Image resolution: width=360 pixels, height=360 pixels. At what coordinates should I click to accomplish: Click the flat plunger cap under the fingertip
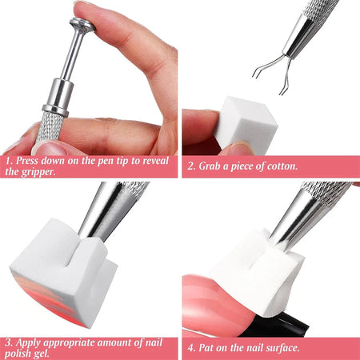click(82, 26)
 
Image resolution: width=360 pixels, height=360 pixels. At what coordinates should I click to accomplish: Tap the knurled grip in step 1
click(50, 126)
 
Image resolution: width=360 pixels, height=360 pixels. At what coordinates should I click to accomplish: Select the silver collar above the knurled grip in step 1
click(58, 98)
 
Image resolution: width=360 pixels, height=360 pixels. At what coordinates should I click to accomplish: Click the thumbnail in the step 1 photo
click(50, 149)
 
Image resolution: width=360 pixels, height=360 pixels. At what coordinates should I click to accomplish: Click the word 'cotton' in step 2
click(282, 166)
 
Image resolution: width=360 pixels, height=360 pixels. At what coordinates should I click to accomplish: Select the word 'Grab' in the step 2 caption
click(210, 166)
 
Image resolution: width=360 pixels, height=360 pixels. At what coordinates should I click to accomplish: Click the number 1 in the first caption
click(9, 161)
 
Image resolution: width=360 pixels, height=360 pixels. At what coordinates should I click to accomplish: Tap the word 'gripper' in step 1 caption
click(38, 172)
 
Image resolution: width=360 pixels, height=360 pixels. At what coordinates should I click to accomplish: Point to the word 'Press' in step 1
click(27, 161)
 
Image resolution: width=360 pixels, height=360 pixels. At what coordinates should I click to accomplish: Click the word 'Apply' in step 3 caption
click(30, 343)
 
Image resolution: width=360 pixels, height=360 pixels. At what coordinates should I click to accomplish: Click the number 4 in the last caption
click(191, 348)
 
